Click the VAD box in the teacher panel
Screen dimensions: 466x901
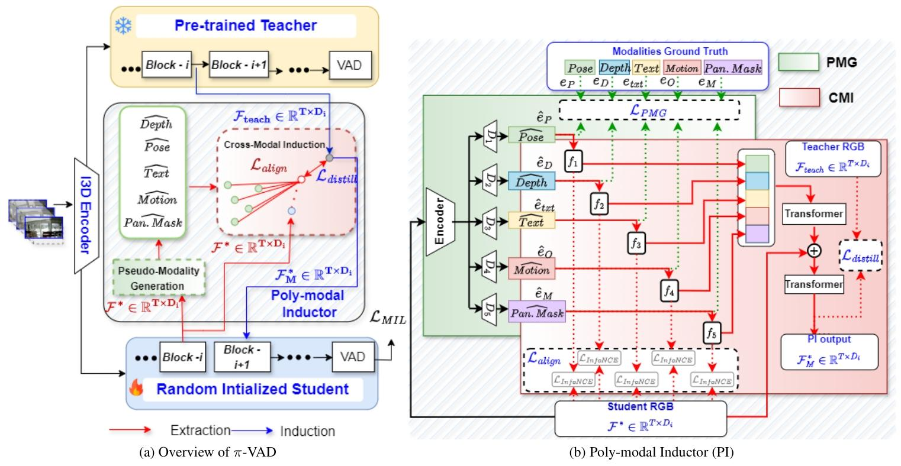[x=350, y=64]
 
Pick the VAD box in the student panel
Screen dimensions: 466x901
[x=353, y=357]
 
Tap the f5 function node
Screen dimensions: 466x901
[x=711, y=332]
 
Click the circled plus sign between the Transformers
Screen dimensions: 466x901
[x=815, y=251]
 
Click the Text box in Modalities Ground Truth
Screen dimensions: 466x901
[x=646, y=68]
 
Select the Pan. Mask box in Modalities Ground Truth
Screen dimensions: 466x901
[x=733, y=68]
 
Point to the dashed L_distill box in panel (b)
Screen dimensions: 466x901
[x=860, y=255]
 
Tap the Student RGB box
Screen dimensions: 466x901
[x=640, y=418]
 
